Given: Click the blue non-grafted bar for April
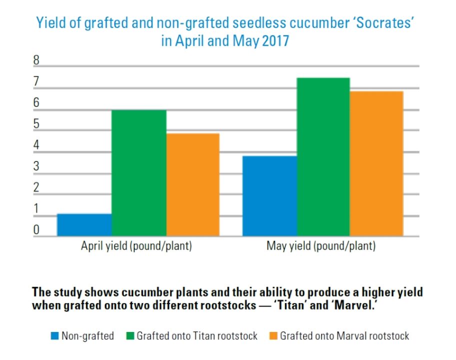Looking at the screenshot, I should pos(84,225).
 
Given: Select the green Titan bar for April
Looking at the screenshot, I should pos(138,173).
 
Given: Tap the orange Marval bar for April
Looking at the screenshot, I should pos(192,184).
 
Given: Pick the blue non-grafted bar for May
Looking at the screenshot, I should pos(269,196).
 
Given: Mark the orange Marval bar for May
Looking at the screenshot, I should pos(376,163).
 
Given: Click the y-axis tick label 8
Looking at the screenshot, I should pos(36,60).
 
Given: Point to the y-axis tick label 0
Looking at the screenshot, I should pos(36,230).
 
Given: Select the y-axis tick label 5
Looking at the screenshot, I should pos(36,124).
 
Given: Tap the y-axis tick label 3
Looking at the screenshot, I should pos(36,166).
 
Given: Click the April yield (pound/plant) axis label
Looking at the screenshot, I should pos(136,246).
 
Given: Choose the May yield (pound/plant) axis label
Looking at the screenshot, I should pos(321,246).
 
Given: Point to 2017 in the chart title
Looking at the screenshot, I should pos(274,40).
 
